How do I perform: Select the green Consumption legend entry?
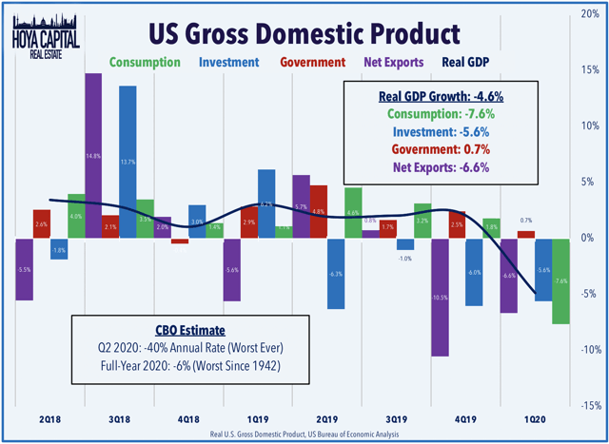145,62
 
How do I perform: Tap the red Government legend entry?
313,62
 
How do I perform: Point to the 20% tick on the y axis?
591,14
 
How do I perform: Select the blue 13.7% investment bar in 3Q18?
127,162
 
